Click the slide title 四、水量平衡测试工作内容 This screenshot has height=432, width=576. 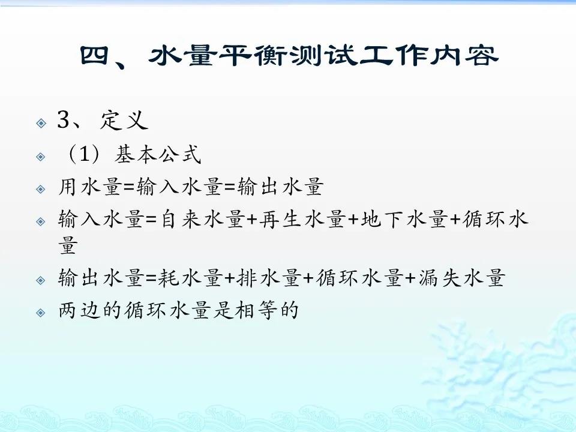[289, 56]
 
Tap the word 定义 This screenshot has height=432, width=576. [124, 120]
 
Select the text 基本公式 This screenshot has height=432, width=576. [158, 154]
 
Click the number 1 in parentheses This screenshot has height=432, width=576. [84, 154]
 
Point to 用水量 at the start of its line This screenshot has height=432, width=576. [90, 186]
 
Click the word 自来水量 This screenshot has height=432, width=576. [203, 219]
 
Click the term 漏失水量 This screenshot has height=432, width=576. [461, 278]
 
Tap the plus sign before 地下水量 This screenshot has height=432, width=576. [353, 220]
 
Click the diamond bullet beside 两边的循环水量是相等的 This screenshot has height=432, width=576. [41, 313]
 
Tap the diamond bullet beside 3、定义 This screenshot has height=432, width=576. [41, 122]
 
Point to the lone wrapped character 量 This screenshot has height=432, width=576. [68, 245]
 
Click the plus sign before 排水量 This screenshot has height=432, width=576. [230, 278]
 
